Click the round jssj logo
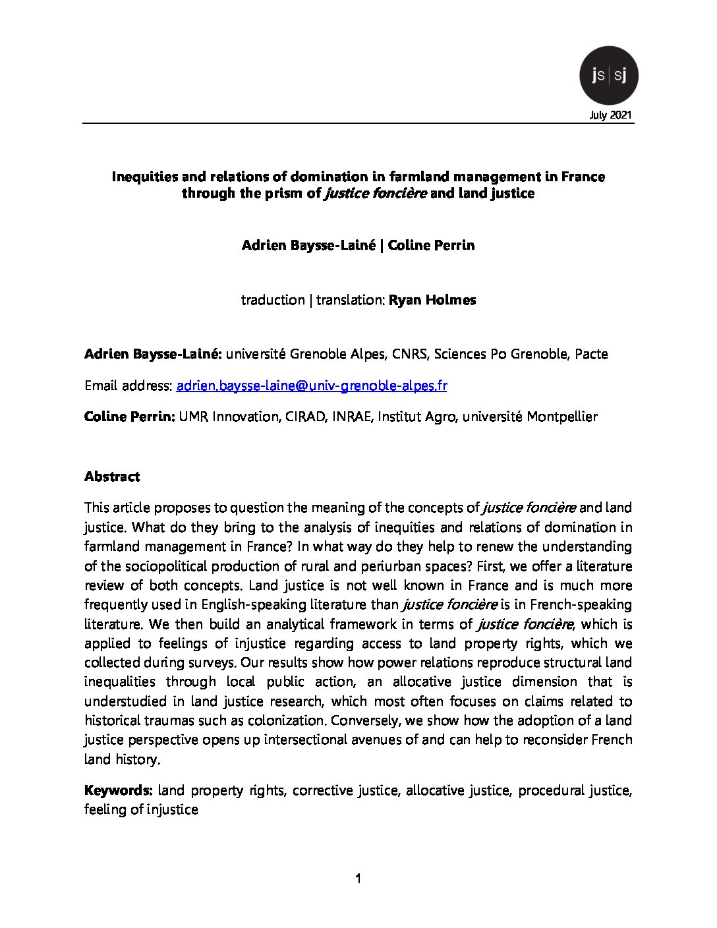click(x=608, y=76)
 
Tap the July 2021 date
click(x=611, y=115)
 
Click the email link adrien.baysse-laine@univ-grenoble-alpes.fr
click(x=312, y=386)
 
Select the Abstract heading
click(x=112, y=477)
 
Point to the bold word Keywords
click(x=118, y=790)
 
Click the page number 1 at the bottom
click(x=358, y=878)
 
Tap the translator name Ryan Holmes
click(x=432, y=300)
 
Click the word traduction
click(x=272, y=300)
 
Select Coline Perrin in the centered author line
click(x=431, y=245)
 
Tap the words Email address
click(x=128, y=386)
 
